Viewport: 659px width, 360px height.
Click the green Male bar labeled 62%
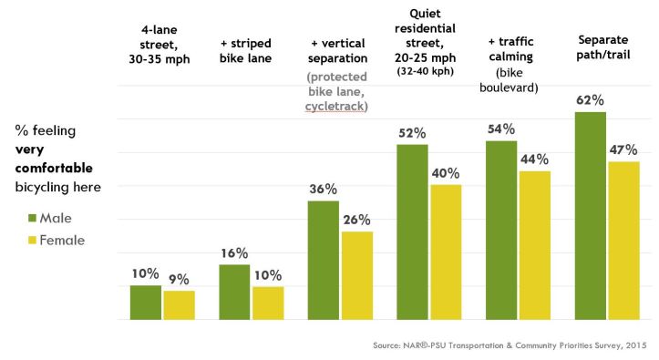591,215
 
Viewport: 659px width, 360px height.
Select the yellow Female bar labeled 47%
623,241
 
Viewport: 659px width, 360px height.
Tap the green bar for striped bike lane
234,292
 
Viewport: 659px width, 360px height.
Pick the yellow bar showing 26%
357,275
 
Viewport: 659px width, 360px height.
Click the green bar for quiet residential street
412,231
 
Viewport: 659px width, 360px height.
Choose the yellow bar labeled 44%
535,245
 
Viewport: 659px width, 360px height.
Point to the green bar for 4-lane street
145,303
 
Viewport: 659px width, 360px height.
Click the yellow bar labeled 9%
179,305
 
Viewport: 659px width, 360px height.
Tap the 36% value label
323,190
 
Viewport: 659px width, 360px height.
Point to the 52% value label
412,133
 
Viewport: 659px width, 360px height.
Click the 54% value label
501,129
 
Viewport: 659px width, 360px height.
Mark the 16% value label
234,253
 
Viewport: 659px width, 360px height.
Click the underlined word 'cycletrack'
335,107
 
